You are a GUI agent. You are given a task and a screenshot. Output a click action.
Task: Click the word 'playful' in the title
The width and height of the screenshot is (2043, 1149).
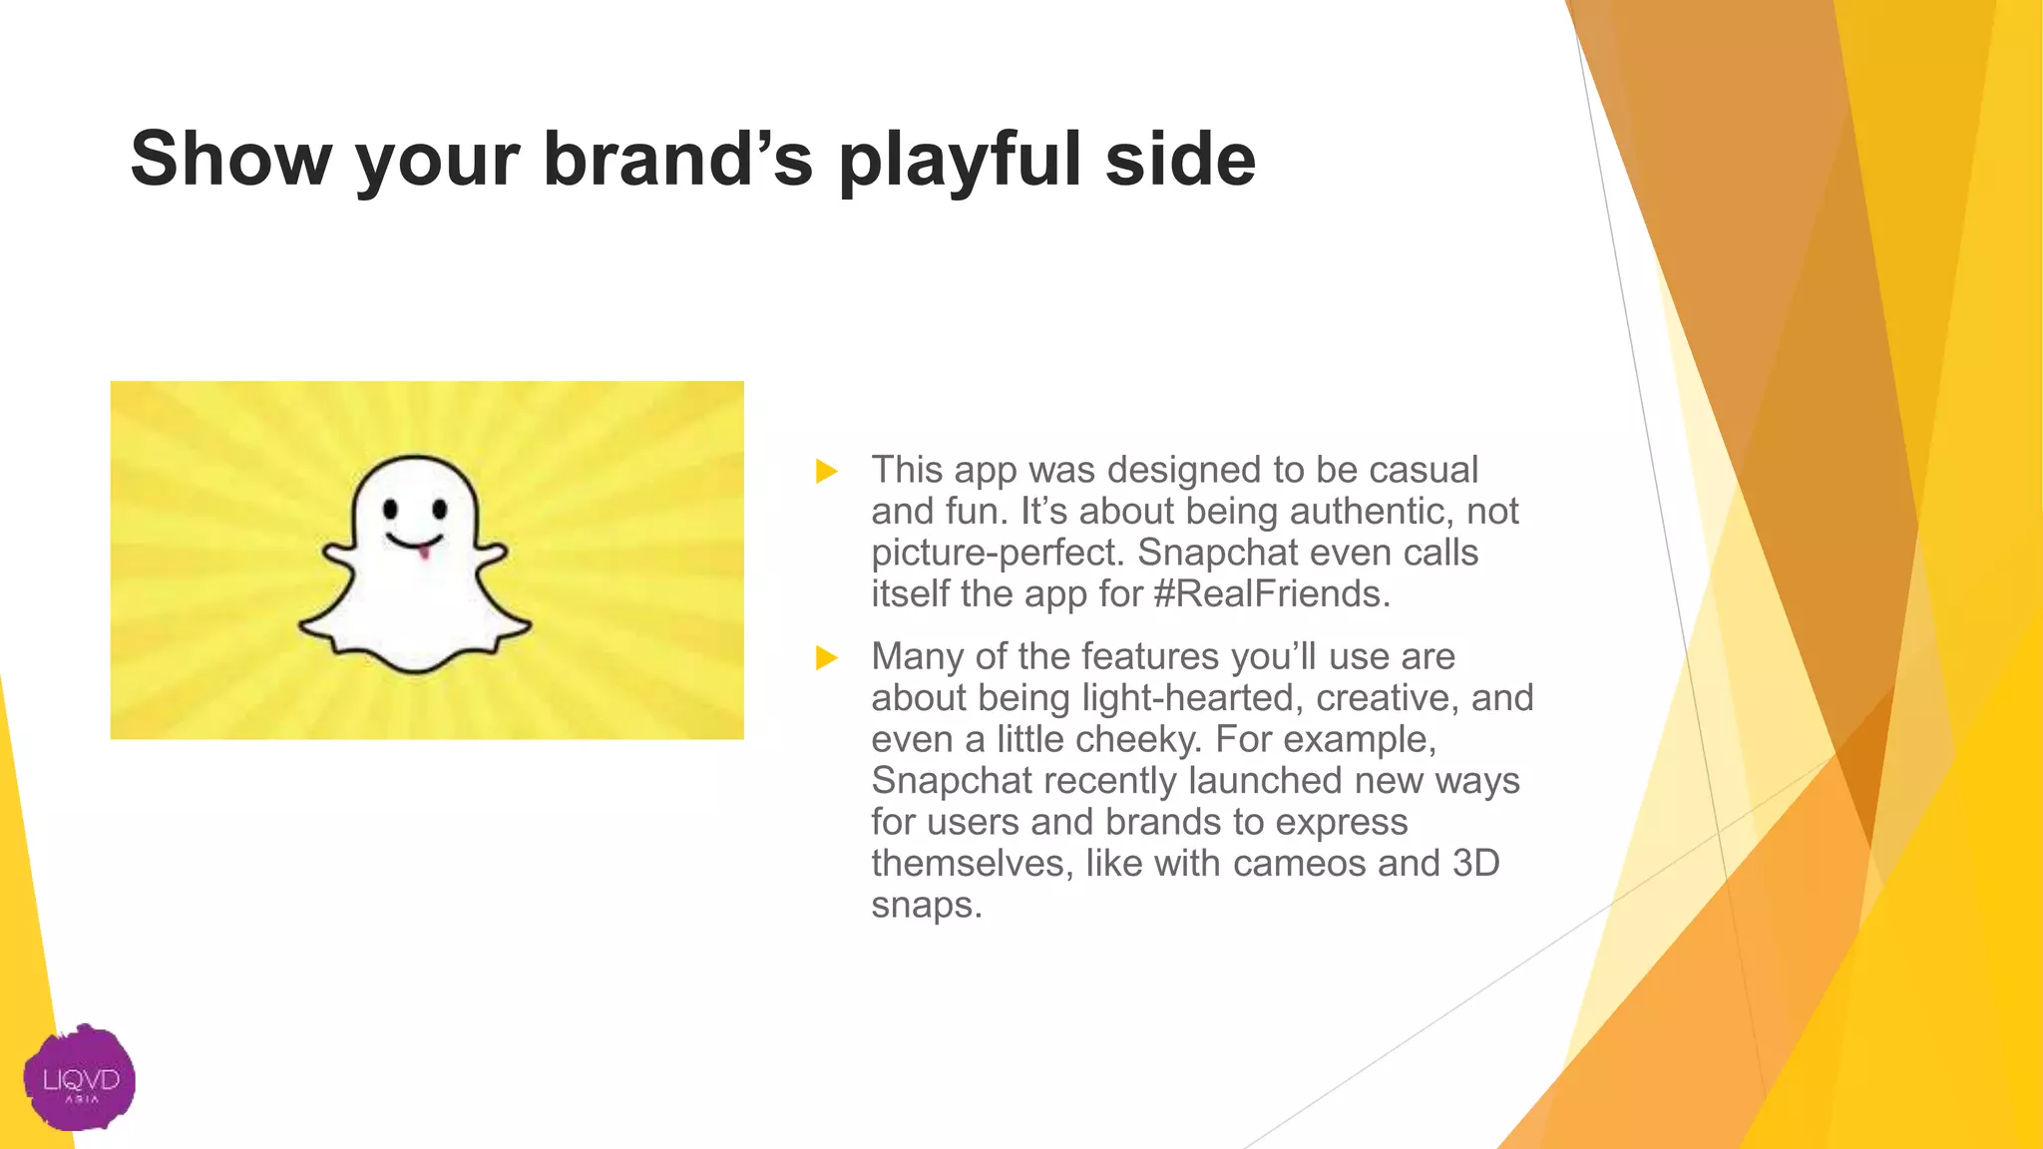961,160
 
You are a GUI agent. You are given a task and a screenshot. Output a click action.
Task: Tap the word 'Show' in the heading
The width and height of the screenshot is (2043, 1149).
230,160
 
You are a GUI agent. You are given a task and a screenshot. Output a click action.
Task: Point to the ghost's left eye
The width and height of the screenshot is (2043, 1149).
391,510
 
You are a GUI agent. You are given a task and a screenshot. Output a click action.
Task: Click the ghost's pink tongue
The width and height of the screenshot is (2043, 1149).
424,551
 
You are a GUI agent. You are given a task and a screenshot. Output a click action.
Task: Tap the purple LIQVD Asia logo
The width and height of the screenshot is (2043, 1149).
80,1078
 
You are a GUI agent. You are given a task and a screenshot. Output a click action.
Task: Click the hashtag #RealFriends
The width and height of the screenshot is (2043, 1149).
1271,594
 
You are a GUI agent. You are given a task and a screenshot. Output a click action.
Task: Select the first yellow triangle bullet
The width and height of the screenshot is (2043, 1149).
826,471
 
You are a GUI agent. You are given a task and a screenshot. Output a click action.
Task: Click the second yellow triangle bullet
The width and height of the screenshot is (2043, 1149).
826,657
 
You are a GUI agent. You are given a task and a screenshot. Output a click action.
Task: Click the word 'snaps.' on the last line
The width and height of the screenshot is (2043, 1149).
927,906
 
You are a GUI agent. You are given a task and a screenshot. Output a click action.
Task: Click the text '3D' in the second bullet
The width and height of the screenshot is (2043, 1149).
1475,864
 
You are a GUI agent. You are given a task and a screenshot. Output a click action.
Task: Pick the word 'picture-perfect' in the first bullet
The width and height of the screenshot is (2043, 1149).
997,554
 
